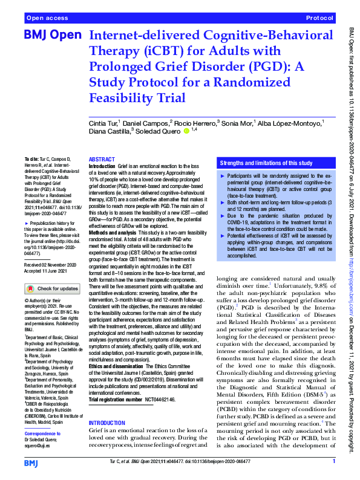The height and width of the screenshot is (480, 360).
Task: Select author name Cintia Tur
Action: [103, 123]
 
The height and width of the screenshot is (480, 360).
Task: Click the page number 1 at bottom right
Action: [333, 461]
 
